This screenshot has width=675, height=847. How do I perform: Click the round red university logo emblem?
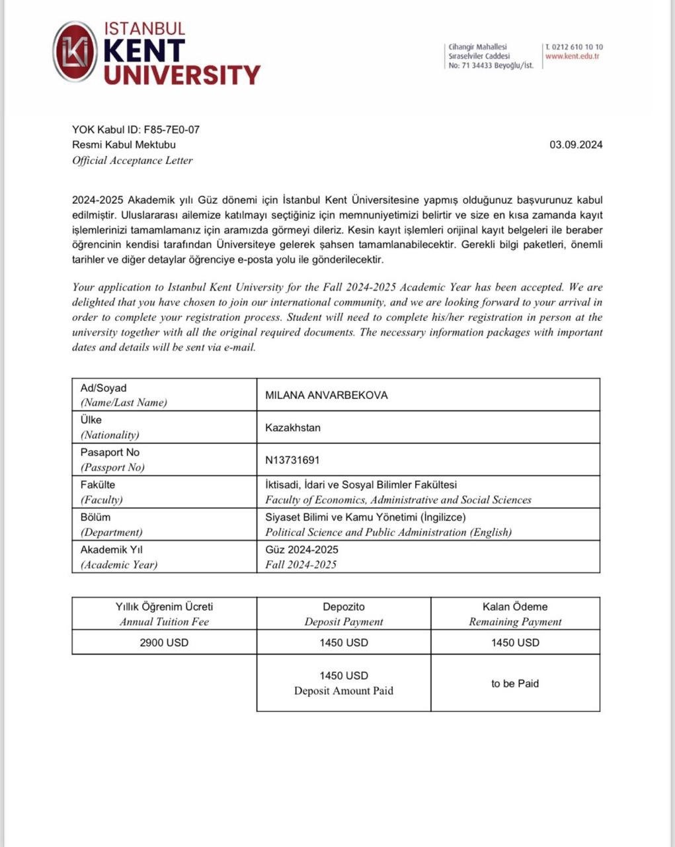pyautogui.click(x=75, y=52)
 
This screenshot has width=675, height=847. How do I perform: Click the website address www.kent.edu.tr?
pyautogui.click(x=572, y=56)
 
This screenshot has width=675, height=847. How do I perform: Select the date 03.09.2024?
pyautogui.click(x=575, y=145)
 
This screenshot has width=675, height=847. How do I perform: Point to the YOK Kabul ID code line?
pyautogui.click(x=136, y=130)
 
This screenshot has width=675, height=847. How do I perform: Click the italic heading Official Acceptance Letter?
pyautogui.click(x=132, y=160)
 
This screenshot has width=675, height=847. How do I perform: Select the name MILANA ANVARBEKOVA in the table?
pyautogui.click(x=326, y=395)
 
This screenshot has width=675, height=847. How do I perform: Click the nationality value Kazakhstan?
pyautogui.click(x=293, y=427)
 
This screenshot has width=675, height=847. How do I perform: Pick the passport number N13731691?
pyautogui.click(x=292, y=460)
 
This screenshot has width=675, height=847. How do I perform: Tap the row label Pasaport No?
pyautogui.click(x=110, y=453)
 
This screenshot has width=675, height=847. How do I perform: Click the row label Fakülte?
pyautogui.click(x=98, y=485)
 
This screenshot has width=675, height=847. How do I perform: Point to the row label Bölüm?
pyautogui.click(x=95, y=517)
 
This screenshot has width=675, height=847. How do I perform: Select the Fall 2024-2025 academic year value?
pyautogui.click(x=301, y=564)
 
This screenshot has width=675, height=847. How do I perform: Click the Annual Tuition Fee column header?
pyautogui.click(x=164, y=622)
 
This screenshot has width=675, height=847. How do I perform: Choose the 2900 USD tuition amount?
pyautogui.click(x=164, y=643)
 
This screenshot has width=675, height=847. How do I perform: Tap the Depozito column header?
pyautogui.click(x=344, y=607)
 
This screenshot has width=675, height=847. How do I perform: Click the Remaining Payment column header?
pyautogui.click(x=515, y=622)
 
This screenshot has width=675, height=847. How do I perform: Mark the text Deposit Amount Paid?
pyautogui.click(x=344, y=691)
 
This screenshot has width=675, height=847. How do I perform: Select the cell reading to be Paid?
pyautogui.click(x=515, y=684)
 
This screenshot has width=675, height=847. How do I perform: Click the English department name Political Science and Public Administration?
pyautogui.click(x=388, y=532)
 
